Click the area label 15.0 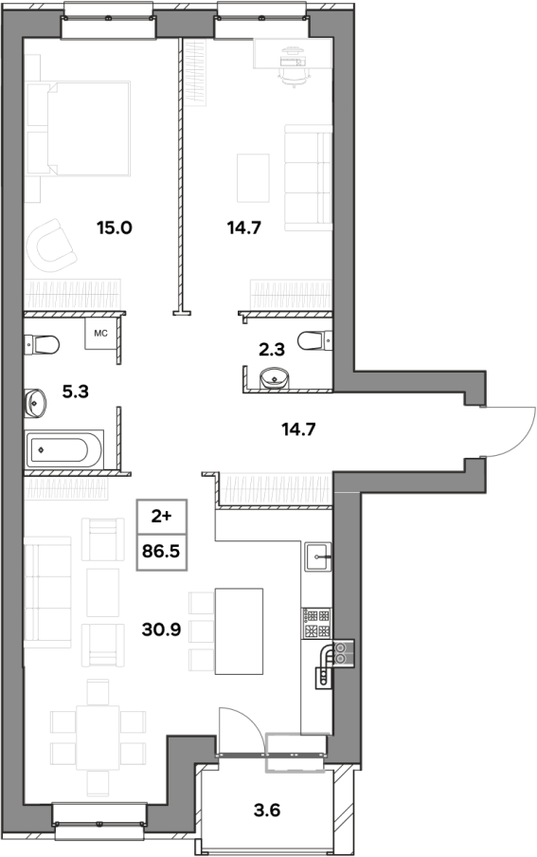(115, 228)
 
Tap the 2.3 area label (272, 350)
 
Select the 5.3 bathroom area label (76, 392)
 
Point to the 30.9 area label (161, 629)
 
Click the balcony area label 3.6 (267, 810)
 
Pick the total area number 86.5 (161, 552)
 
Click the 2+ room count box (161, 517)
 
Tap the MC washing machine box (100, 333)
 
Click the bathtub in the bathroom (64, 449)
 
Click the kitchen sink (318, 556)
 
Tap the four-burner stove (316, 623)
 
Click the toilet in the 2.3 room (315, 340)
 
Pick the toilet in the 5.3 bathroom (42, 345)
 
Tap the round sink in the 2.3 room (274, 378)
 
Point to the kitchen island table (239, 631)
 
